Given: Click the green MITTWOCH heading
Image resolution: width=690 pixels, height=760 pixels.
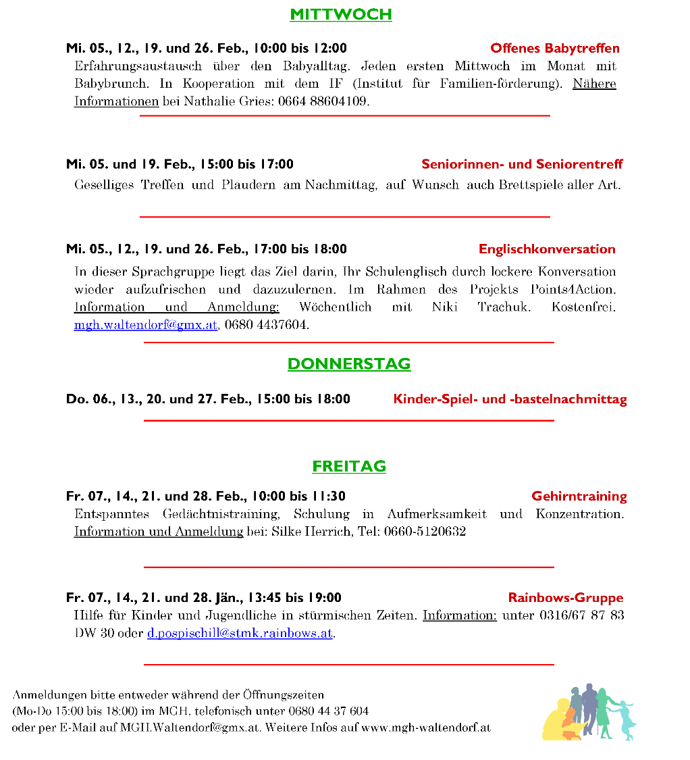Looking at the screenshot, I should (x=340, y=14).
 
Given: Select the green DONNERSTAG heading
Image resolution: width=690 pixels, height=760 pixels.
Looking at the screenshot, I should (x=349, y=363).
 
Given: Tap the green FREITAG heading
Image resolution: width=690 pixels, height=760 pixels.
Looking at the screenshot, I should (x=349, y=466).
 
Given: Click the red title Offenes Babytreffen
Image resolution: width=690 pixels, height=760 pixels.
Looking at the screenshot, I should (x=555, y=48).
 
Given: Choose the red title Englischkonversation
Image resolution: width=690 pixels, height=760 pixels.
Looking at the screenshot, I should (x=547, y=249).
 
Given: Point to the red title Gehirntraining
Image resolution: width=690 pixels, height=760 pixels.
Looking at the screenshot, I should (x=579, y=497).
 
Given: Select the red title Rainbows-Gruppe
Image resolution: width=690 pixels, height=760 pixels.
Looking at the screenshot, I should (x=566, y=598).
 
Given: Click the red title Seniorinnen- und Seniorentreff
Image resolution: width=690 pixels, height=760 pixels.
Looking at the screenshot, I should (x=522, y=164).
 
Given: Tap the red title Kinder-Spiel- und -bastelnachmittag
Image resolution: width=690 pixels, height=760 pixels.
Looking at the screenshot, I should (x=510, y=399).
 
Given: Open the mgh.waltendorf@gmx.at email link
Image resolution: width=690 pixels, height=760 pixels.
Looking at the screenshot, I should (x=146, y=325).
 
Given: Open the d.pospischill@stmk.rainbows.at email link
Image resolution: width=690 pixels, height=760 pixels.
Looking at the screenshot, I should (x=240, y=634).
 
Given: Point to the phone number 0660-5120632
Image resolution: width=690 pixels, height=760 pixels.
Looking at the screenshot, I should (x=425, y=532).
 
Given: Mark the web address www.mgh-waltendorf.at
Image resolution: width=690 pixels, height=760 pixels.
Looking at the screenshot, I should (x=425, y=728).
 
